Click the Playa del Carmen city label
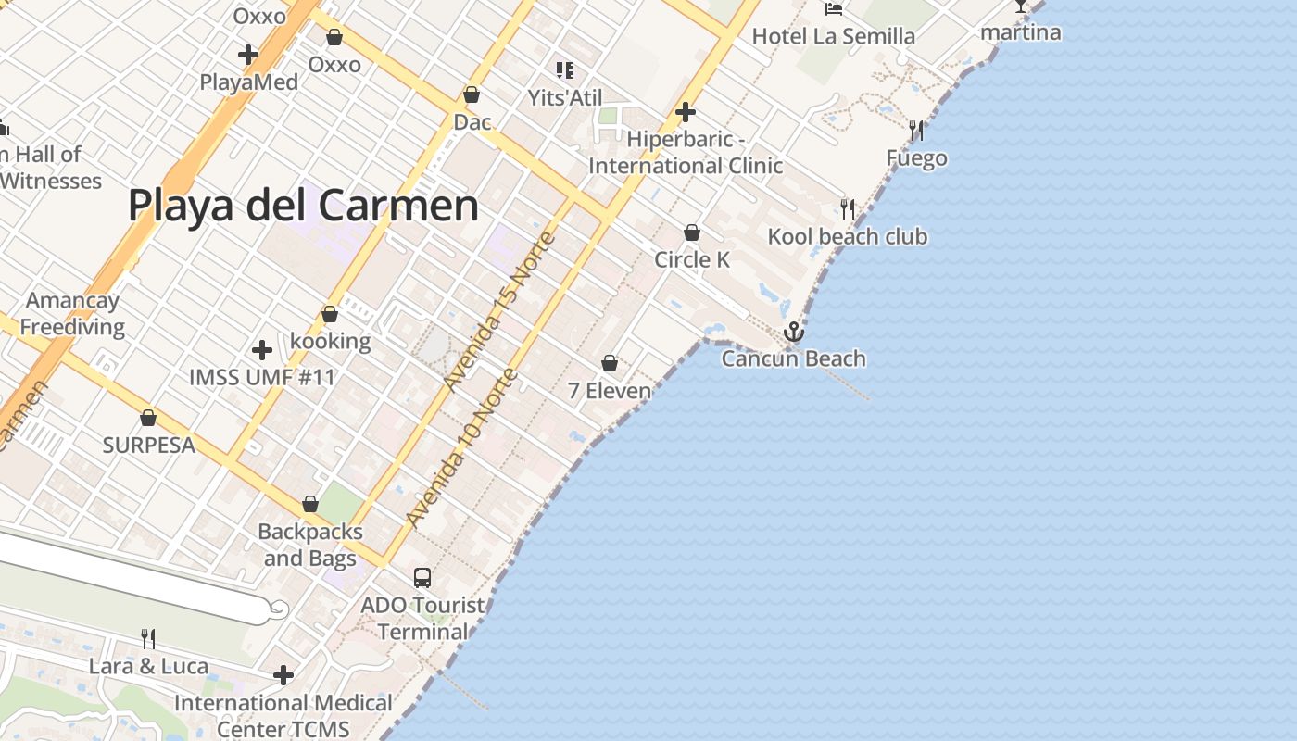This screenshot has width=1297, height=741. pos(303,206)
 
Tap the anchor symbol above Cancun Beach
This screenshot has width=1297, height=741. pos(794,332)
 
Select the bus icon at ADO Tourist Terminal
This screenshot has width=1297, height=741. pos(422,578)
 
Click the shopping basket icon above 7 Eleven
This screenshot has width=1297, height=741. pos(610,363)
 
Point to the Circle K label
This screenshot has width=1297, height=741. pos(692,260)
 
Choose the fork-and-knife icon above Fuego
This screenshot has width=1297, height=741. pos(917,131)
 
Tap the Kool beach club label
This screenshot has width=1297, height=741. pos(847,237)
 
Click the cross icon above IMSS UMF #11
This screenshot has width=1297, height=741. pos(262,350)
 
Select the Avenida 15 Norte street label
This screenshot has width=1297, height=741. pos(499,311)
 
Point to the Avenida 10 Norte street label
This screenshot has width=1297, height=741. pos(461,448)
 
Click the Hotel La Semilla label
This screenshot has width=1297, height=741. pos(833,37)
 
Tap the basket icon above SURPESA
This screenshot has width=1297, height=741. pos(148,418)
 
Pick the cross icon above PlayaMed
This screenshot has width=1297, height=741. pos(248,55)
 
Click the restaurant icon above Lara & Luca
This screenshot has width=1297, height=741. pos(147,638)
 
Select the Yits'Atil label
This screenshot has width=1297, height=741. pos(565,98)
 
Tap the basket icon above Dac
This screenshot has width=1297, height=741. pos(472,94)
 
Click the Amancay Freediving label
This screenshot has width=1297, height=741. pos(72,314)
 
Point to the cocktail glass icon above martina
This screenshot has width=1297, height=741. pos(1020,6)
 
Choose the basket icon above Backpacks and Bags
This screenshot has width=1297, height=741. pos(310,505)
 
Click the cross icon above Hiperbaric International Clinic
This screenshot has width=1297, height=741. pos(686,112)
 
